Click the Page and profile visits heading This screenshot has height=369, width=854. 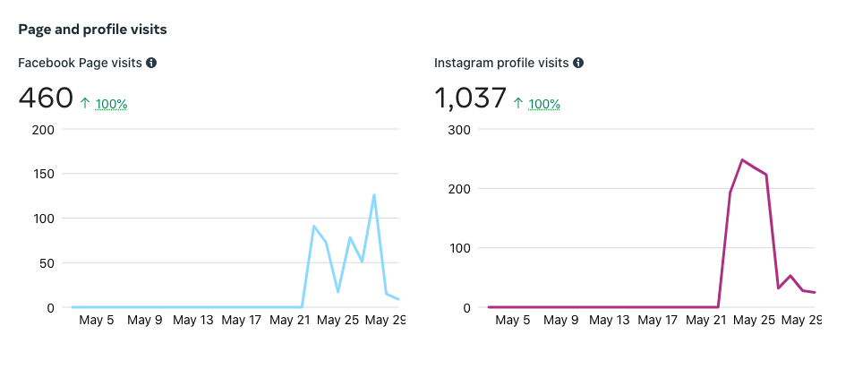coord(92,30)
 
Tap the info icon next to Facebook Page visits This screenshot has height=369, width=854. coord(151,63)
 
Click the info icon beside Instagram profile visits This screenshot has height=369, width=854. coord(578,63)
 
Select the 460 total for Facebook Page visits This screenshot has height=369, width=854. coord(46,98)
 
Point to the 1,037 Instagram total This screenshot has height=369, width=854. coord(470,98)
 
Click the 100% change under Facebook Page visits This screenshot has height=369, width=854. coord(111,104)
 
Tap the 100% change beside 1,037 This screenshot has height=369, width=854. coord(544,104)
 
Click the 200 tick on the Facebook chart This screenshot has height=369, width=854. coord(43,129)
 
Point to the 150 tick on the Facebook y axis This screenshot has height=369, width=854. coord(43,174)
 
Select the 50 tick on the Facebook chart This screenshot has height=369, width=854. coord(47,263)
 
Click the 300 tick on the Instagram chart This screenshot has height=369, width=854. coord(460,129)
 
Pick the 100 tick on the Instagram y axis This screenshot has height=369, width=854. coord(460,248)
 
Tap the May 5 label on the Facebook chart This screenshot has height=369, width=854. coord(97,320)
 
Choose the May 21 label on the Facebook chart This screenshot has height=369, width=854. coord(289,320)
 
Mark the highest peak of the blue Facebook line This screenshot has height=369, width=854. coord(374,194)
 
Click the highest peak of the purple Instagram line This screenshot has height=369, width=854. coord(742,160)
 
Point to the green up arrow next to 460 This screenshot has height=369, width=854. coord(85,104)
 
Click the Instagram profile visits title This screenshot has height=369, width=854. coord(501,63)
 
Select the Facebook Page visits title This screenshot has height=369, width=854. coord(80,63)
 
